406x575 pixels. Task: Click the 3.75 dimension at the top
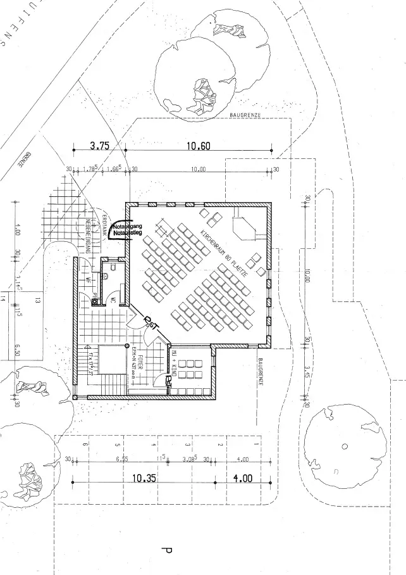click(x=100, y=146)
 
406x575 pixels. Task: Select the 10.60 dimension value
click(x=199, y=146)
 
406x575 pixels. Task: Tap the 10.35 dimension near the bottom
click(x=144, y=479)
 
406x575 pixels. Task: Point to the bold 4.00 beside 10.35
click(x=243, y=479)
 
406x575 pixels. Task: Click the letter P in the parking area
click(x=166, y=552)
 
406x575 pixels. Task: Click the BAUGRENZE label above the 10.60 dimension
click(x=249, y=115)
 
